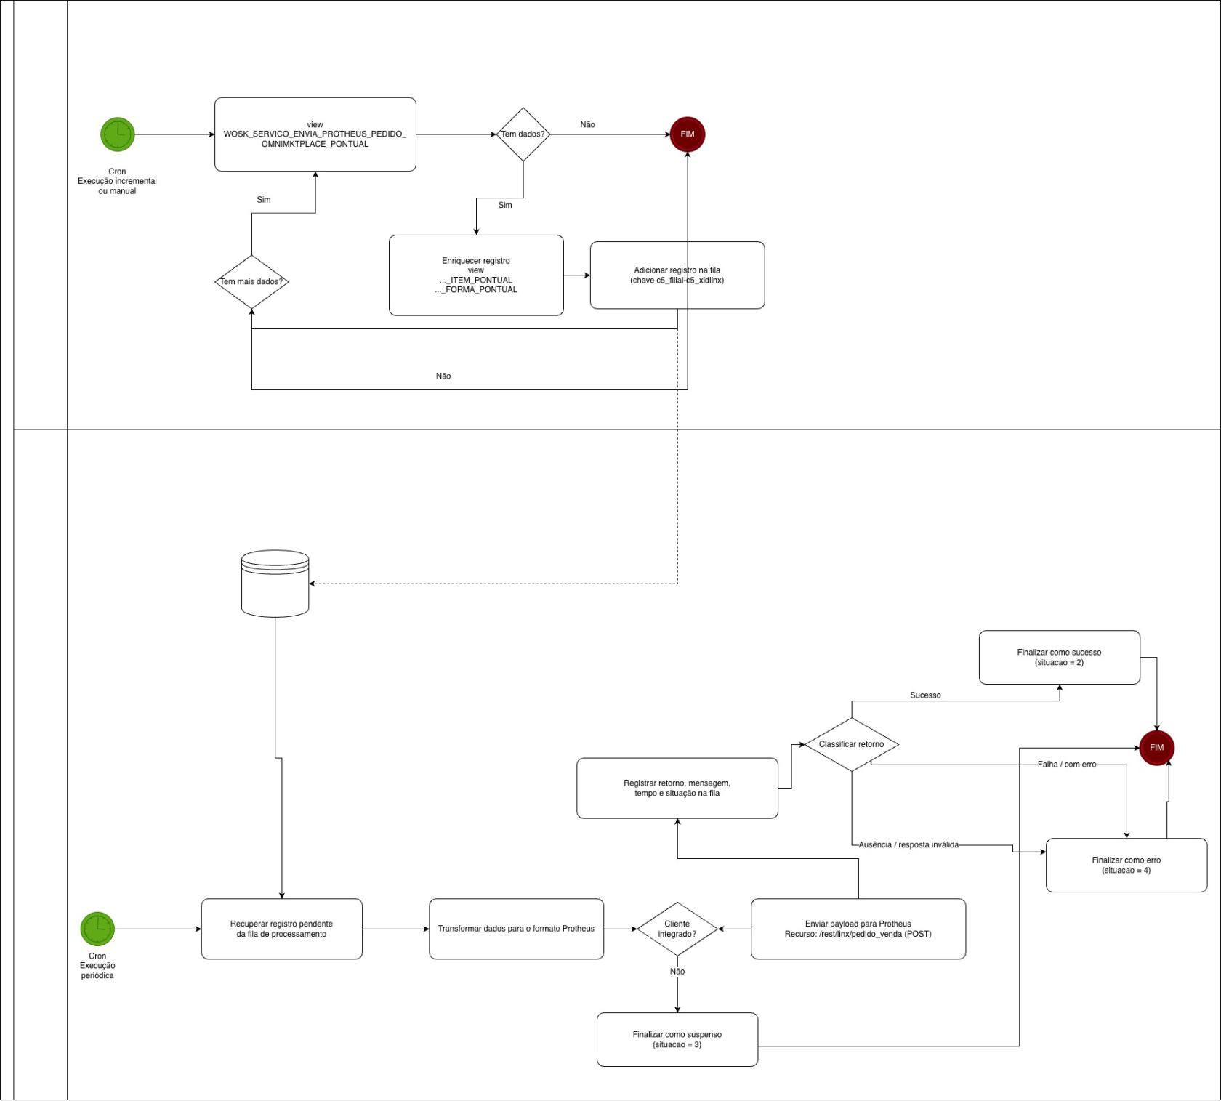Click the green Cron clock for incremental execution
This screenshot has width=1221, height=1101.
(x=117, y=134)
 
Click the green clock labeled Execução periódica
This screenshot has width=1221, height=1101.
(x=97, y=929)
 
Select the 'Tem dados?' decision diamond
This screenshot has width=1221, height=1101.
(x=523, y=134)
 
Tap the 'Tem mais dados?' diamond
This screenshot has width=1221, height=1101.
(x=251, y=281)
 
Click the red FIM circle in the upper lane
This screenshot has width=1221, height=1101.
(x=687, y=134)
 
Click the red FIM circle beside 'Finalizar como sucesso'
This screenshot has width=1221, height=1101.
(x=1156, y=748)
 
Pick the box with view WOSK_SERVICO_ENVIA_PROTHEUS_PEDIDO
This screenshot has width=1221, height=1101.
(x=315, y=134)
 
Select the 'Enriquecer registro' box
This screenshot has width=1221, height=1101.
(x=476, y=275)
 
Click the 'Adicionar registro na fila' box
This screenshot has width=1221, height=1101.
(x=677, y=275)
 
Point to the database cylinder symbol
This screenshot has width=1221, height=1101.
(x=275, y=583)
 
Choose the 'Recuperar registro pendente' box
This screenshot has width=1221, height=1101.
(x=281, y=929)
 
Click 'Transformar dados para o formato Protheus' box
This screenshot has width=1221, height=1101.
(x=516, y=929)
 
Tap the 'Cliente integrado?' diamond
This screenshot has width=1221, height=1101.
(x=677, y=929)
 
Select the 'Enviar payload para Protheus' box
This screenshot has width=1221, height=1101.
(x=858, y=929)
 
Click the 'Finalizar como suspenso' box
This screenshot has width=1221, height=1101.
(x=677, y=1039)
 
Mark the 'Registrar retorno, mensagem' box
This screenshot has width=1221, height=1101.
(x=677, y=788)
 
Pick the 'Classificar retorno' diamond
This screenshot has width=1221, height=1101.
(x=851, y=744)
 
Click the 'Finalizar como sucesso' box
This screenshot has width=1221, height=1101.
(x=1059, y=657)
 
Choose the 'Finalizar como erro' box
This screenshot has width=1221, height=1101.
(x=1126, y=865)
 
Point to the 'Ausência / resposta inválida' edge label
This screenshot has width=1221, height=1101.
(x=908, y=844)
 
